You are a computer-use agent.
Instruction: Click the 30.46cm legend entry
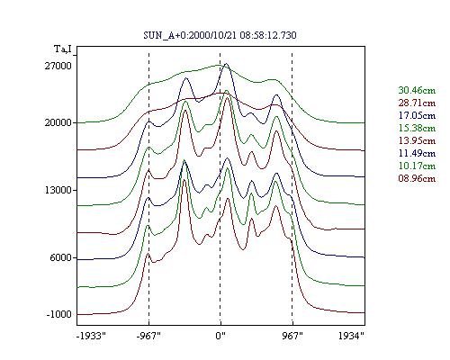pos(417,90)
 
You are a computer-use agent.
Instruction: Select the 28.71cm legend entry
pos(417,103)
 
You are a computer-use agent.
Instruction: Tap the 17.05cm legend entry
pos(417,115)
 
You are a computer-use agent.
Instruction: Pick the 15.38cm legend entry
pos(417,128)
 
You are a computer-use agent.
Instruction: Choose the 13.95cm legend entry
pos(417,140)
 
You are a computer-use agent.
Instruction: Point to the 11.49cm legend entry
pos(417,153)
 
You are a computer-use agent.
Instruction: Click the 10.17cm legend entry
pos(417,166)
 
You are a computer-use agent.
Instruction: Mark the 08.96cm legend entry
pos(417,178)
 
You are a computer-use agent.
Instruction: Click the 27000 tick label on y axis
pos(58,66)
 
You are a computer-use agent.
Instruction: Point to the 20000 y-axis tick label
pos(58,122)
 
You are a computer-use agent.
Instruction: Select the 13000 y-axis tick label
pos(58,190)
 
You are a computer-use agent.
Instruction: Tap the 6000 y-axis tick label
pos(61,257)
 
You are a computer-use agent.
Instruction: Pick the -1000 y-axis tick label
pos(59,314)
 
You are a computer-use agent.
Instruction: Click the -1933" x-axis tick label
pos(91,336)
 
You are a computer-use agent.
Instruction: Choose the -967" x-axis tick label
pos(148,336)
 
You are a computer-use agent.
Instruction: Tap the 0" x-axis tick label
pos(220,336)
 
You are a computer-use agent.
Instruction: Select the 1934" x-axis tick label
pos(351,336)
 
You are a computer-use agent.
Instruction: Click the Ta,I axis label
pos(63,49)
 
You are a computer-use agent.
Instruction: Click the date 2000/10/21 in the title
pos(213,35)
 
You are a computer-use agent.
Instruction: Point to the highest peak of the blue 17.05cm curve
pos(226,64)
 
